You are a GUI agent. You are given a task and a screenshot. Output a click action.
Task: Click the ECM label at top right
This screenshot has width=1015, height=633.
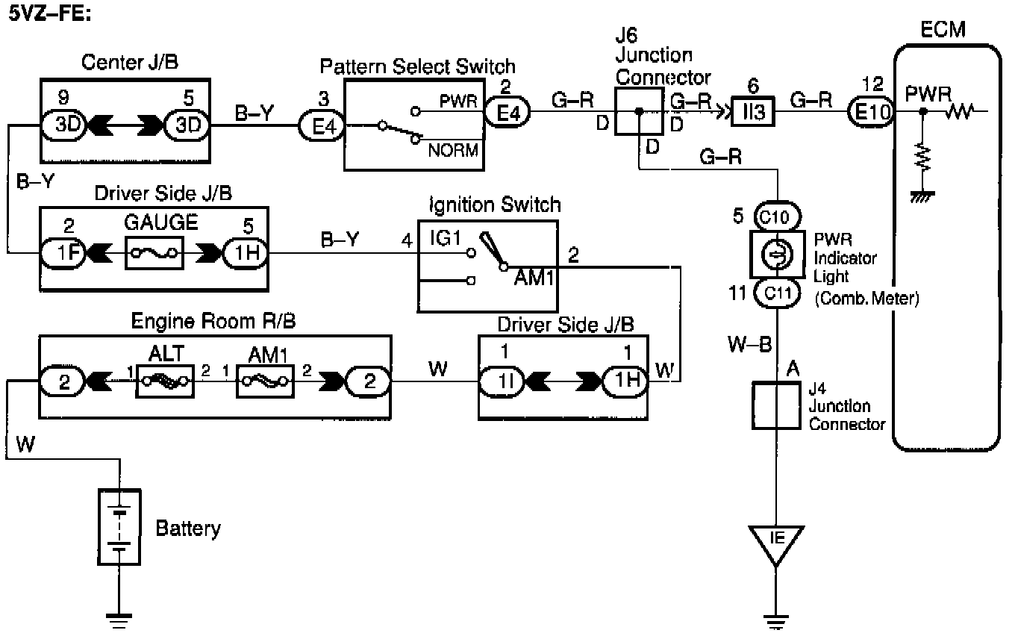tap(943, 30)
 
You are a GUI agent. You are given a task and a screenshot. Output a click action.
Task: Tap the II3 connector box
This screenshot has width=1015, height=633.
tap(752, 112)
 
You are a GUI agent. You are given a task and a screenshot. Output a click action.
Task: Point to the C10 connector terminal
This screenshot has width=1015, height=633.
tap(778, 217)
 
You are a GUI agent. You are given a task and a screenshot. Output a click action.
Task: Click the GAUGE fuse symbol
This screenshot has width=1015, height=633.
tap(152, 252)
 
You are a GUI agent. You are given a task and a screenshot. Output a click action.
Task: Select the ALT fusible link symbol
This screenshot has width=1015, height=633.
tap(164, 381)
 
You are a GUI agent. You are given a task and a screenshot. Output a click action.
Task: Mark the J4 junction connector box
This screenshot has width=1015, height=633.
tap(776, 405)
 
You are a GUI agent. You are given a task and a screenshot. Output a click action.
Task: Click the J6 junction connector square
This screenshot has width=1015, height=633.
tap(638, 112)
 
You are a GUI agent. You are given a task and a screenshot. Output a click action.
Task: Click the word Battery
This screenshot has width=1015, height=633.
tap(187, 529)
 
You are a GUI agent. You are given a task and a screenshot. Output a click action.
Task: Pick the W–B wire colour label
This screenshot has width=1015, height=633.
tap(752, 346)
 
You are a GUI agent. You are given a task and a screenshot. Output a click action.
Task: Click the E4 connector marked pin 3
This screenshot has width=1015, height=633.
tap(319, 125)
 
